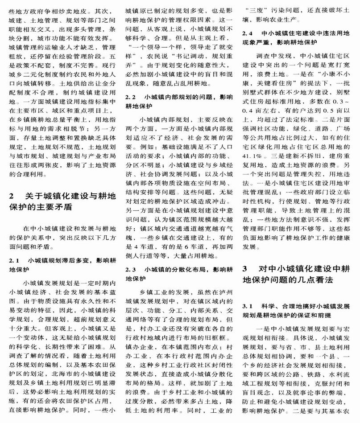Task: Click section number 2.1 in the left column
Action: (14, 259)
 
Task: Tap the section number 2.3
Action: (131, 270)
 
